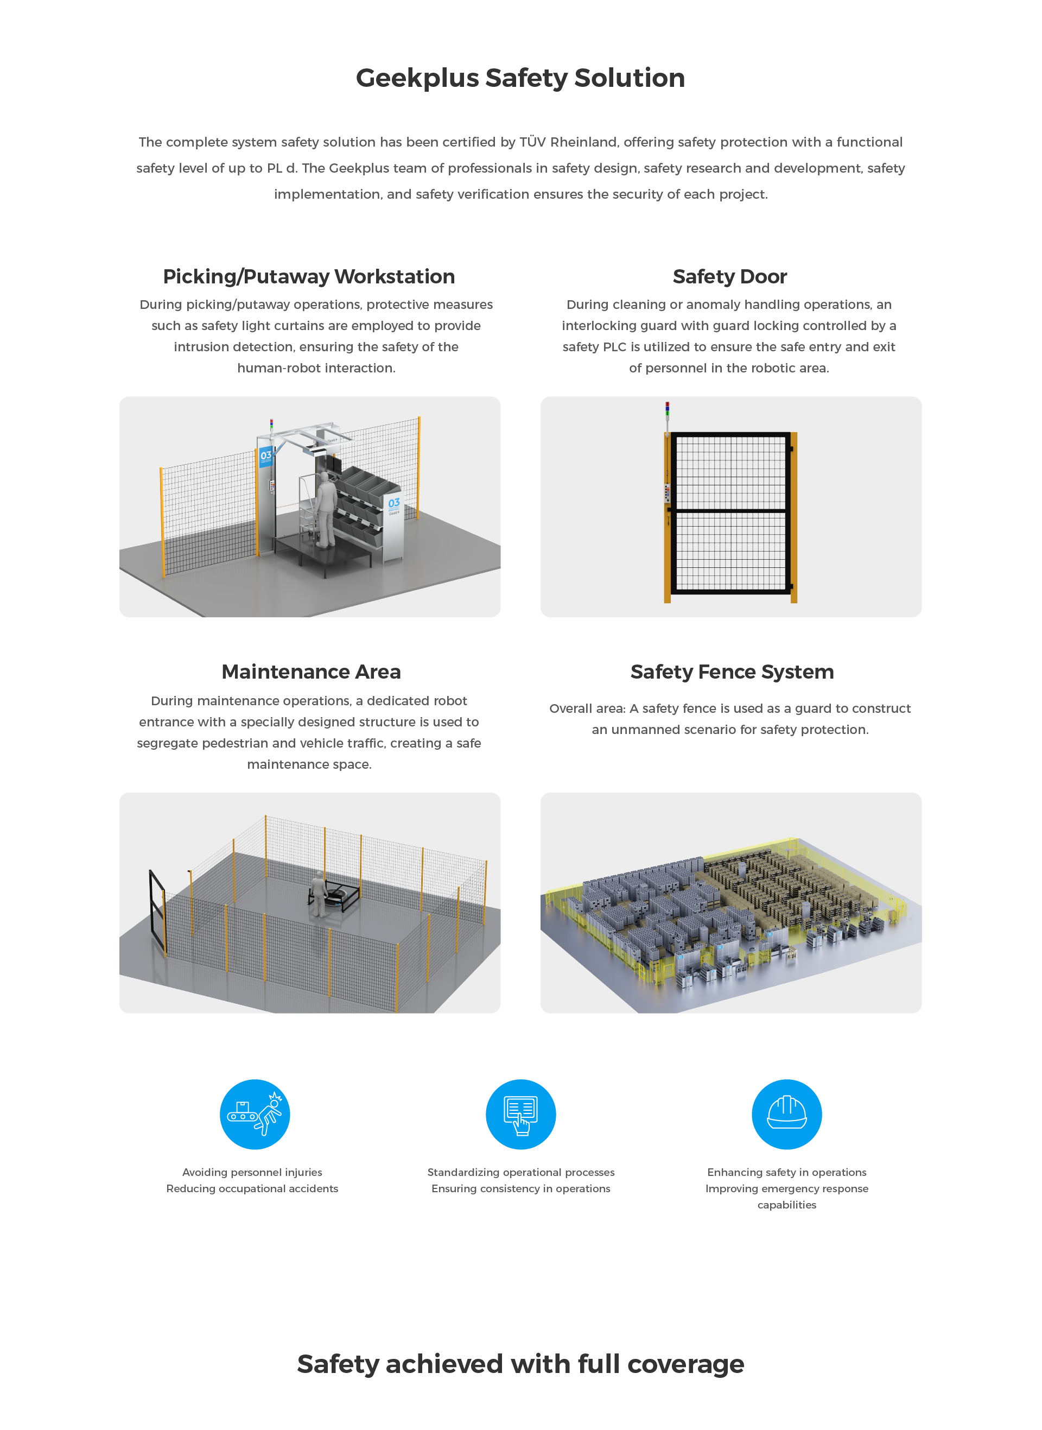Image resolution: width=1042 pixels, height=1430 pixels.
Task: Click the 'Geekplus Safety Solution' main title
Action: click(x=520, y=78)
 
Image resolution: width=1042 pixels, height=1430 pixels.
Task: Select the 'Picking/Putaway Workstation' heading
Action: click(x=309, y=276)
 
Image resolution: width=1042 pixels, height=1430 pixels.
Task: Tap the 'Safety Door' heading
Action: click(x=730, y=276)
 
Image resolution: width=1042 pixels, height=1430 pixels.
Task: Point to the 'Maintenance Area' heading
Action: click(x=311, y=672)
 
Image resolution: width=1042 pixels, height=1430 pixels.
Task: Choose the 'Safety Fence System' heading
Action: click(x=732, y=672)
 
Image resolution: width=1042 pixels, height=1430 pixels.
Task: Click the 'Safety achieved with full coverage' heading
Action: click(x=520, y=1364)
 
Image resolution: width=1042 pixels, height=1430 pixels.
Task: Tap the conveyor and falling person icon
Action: click(x=255, y=1115)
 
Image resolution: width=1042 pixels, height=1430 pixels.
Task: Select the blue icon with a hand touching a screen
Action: click(x=521, y=1115)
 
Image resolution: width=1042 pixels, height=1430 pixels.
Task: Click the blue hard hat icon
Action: click(x=786, y=1115)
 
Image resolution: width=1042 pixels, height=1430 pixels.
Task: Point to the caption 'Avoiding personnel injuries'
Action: click(x=252, y=1172)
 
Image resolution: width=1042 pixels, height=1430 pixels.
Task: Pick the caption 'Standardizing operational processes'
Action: click(x=521, y=1172)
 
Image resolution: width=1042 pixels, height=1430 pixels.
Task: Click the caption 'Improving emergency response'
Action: click(x=786, y=1188)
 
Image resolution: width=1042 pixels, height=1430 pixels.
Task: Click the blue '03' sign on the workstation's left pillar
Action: click(x=266, y=456)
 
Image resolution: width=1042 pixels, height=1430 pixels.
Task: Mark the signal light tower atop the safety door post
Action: click(x=668, y=417)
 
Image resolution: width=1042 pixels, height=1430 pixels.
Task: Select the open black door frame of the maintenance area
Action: click(x=157, y=912)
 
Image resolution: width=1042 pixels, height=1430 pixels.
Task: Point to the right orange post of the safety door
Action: click(x=793, y=517)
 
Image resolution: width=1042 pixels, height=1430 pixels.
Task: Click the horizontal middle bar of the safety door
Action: click(x=730, y=510)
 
